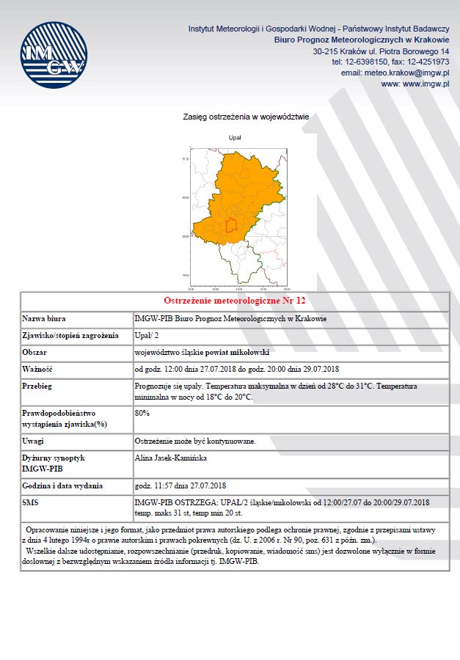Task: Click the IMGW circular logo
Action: (54, 56)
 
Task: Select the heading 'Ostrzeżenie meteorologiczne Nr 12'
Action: (234, 301)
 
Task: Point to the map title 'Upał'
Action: (235, 137)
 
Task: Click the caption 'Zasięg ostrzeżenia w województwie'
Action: (246, 117)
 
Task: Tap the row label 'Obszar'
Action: (36, 352)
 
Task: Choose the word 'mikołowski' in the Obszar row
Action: (253, 352)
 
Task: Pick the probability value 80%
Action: (143, 413)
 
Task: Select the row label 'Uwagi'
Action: (34, 441)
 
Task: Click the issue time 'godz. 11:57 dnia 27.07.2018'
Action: (180, 485)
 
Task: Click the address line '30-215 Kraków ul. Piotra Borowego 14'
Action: (381, 52)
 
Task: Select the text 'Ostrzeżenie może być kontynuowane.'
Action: (195, 441)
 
